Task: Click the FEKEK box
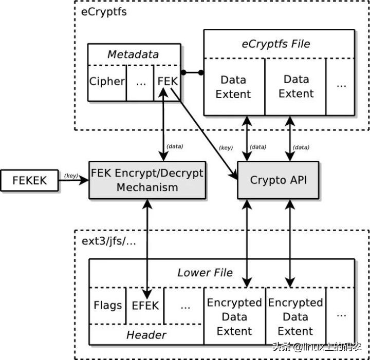coord(30,181)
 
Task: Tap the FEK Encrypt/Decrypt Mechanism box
coord(147,180)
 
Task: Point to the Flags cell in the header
coord(107,305)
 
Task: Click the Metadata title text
coord(134,54)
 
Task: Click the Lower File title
coord(205,273)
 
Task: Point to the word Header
coord(146,335)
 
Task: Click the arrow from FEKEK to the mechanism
coord(74,180)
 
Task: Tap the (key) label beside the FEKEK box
coord(71,175)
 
